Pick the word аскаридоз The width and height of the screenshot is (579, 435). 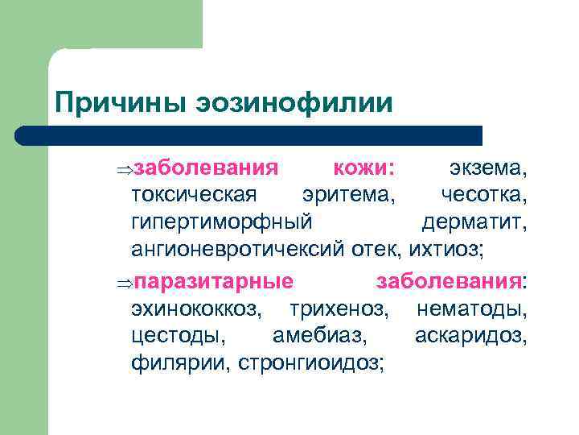[x=471, y=333]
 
